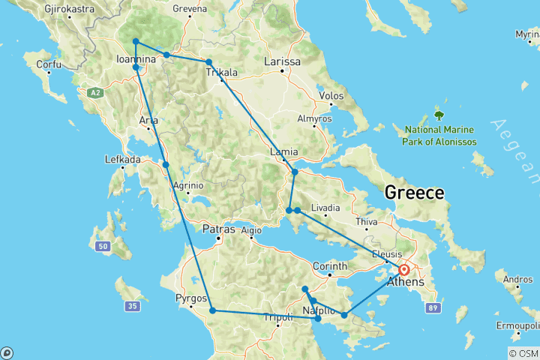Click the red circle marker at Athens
pyautogui.click(x=404, y=270)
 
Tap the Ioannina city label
pyautogui.click(x=136, y=59)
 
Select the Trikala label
pyautogui.click(x=222, y=73)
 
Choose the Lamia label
pyautogui.click(x=284, y=152)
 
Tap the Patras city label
pyautogui.click(x=219, y=229)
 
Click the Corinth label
pyautogui.click(x=330, y=265)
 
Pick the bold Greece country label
pyautogui.click(x=414, y=193)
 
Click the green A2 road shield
pyautogui.click(x=94, y=92)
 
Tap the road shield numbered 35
pyautogui.click(x=133, y=306)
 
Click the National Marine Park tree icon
pyautogui.click(x=439, y=116)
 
